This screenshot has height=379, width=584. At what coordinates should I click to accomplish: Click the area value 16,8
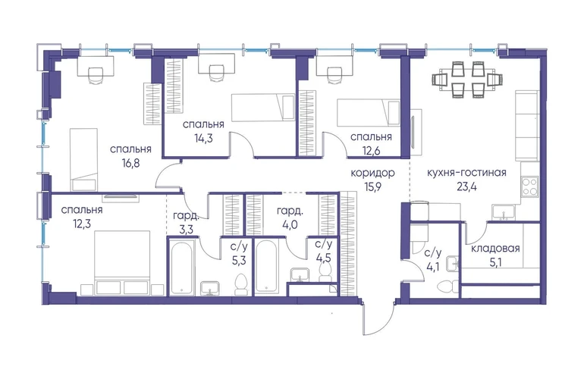tap(130, 163)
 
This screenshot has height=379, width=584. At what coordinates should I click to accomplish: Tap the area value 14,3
tap(203, 138)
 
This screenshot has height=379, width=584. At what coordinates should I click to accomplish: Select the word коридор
tap(373, 173)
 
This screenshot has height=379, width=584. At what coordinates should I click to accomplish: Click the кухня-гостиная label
tap(466, 173)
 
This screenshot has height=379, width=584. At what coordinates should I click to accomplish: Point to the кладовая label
tap(495, 249)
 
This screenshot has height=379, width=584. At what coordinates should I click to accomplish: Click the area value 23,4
tap(466, 186)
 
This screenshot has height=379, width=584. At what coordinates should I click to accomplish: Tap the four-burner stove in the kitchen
tap(530, 186)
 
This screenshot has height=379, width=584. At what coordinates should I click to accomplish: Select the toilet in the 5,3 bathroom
tap(241, 285)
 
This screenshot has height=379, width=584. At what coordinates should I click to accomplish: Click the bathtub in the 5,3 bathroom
tap(181, 267)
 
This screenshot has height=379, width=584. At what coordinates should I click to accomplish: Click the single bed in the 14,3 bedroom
tap(263, 108)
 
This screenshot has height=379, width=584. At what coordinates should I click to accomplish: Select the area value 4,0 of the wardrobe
tap(290, 225)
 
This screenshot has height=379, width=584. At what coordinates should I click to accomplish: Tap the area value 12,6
tap(371, 150)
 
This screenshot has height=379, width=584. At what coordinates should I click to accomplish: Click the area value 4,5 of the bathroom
tap(323, 258)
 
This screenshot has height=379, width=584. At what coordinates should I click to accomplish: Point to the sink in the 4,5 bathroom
tap(300, 274)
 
